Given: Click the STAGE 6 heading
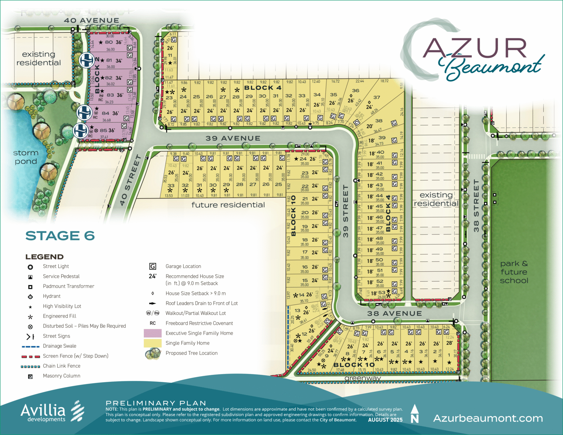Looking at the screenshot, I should [x=60, y=236].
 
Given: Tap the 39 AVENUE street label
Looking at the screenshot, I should [x=233, y=138].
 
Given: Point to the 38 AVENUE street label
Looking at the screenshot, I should [x=394, y=313].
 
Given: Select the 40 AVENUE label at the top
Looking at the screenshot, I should [x=91, y=20].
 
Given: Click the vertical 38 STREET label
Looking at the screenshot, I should [x=476, y=206].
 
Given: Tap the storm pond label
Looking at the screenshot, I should [x=26, y=157].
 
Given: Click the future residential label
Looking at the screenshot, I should [x=228, y=205].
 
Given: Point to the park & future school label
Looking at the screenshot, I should [x=514, y=272].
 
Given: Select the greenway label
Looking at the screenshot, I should [x=362, y=378].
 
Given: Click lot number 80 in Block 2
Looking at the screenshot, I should [x=109, y=42].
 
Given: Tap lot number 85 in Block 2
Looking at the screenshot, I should [x=103, y=130].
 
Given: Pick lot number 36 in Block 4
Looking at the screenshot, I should [x=356, y=90].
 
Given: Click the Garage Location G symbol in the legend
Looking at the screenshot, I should [x=153, y=266].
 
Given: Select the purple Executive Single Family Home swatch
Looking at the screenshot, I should [x=153, y=333].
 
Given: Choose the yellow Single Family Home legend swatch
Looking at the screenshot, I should [x=153, y=343].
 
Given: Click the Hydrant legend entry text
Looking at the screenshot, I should [x=52, y=296].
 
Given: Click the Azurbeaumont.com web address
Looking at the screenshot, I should [x=488, y=418].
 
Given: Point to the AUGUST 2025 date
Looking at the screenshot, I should [x=385, y=420].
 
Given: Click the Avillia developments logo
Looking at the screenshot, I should [x=52, y=411].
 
